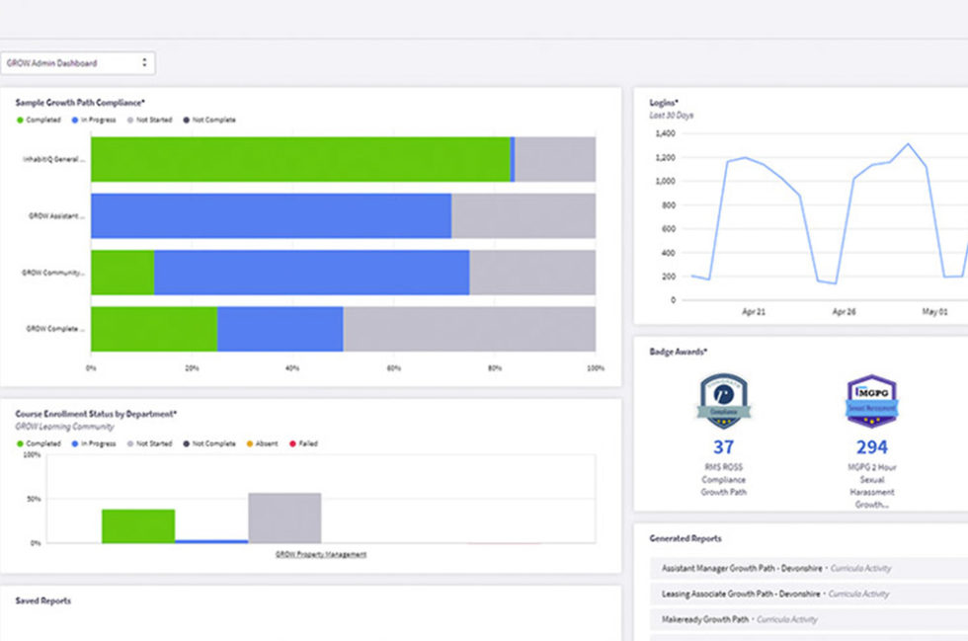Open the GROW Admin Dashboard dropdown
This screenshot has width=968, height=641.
[77, 63]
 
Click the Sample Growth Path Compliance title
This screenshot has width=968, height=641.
[80, 102]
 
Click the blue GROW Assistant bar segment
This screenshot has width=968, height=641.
[271, 215]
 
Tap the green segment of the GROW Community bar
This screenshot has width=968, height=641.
[122, 273]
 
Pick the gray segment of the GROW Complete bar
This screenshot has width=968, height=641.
[469, 329]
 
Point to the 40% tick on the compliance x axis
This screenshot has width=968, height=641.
[292, 367]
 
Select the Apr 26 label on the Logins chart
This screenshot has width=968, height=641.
[844, 311]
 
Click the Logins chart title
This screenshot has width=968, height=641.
[664, 102]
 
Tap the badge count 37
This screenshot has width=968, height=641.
[722, 446]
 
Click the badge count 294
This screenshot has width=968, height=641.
[872, 446]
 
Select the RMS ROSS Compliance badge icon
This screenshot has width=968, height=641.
[723, 401]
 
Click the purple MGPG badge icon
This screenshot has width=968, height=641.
[872, 401]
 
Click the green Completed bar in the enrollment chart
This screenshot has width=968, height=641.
[138, 525]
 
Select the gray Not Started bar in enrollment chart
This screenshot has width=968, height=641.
[284, 518]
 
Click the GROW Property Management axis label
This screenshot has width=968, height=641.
[321, 554]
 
